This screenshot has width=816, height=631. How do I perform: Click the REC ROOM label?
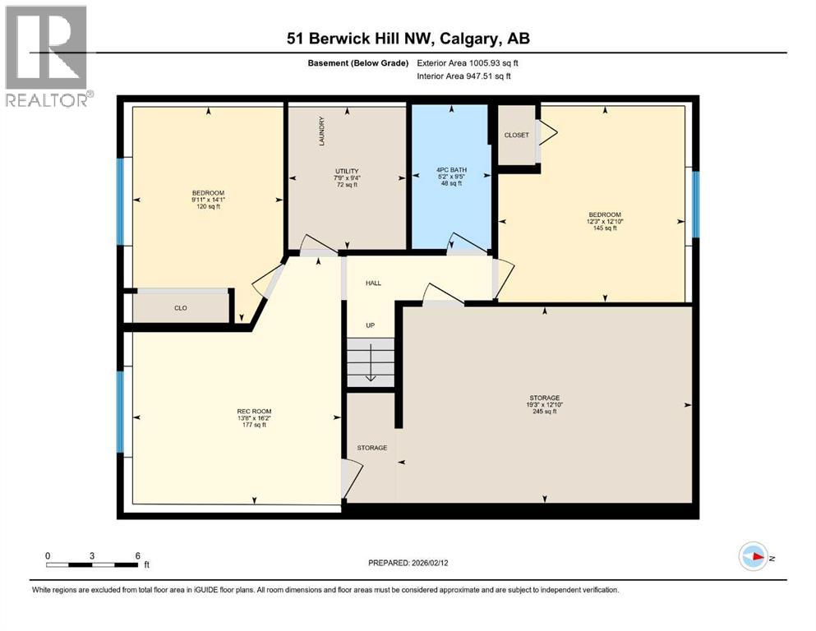pyautogui.click(x=254, y=411)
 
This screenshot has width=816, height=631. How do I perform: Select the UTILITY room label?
pyautogui.click(x=346, y=170)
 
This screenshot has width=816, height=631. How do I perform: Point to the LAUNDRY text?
pyautogui.click(x=323, y=131)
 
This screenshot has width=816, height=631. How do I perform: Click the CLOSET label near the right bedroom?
pyautogui.click(x=516, y=135)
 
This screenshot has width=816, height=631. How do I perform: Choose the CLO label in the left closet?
pyautogui.click(x=181, y=308)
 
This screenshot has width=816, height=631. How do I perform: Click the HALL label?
pyautogui.click(x=373, y=283)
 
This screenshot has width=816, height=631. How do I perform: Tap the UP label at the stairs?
pyautogui.click(x=371, y=325)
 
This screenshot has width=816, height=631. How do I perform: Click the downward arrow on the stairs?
pyautogui.click(x=371, y=363)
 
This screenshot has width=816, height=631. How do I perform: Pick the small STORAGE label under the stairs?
pyautogui.click(x=371, y=448)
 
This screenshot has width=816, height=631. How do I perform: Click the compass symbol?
pyautogui.click(x=753, y=556)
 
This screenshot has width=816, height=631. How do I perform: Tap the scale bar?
pyautogui.click(x=92, y=564)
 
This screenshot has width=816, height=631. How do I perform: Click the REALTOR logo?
pyautogui.click(x=46, y=57)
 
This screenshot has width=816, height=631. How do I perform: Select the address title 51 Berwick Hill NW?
pyautogui.click(x=408, y=39)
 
